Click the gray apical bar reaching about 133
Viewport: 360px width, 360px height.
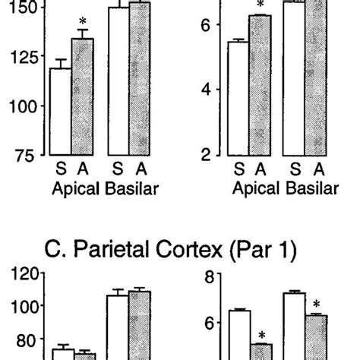82,106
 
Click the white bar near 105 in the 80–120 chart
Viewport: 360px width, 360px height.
117,327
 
